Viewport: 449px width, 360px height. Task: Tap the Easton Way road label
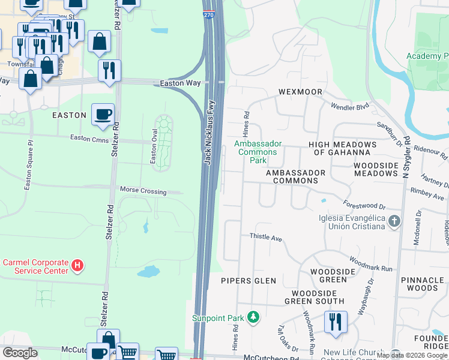coord(180,83)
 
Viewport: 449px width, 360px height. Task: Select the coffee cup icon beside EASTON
coord(103,114)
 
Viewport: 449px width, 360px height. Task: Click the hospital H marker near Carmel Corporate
coord(77,264)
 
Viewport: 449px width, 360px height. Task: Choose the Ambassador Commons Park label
coord(258,152)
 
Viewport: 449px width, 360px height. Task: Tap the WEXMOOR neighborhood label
coord(300,92)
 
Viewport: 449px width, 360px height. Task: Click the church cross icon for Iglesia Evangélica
coord(394,221)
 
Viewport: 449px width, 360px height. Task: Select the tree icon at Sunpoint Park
coord(254,317)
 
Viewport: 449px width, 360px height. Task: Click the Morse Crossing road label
coord(142,191)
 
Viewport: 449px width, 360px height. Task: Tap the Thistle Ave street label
coord(266,238)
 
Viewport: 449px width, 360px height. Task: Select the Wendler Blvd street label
coord(350,106)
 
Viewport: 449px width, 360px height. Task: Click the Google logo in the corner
coord(20,353)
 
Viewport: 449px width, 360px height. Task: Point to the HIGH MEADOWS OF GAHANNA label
coord(342,148)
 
